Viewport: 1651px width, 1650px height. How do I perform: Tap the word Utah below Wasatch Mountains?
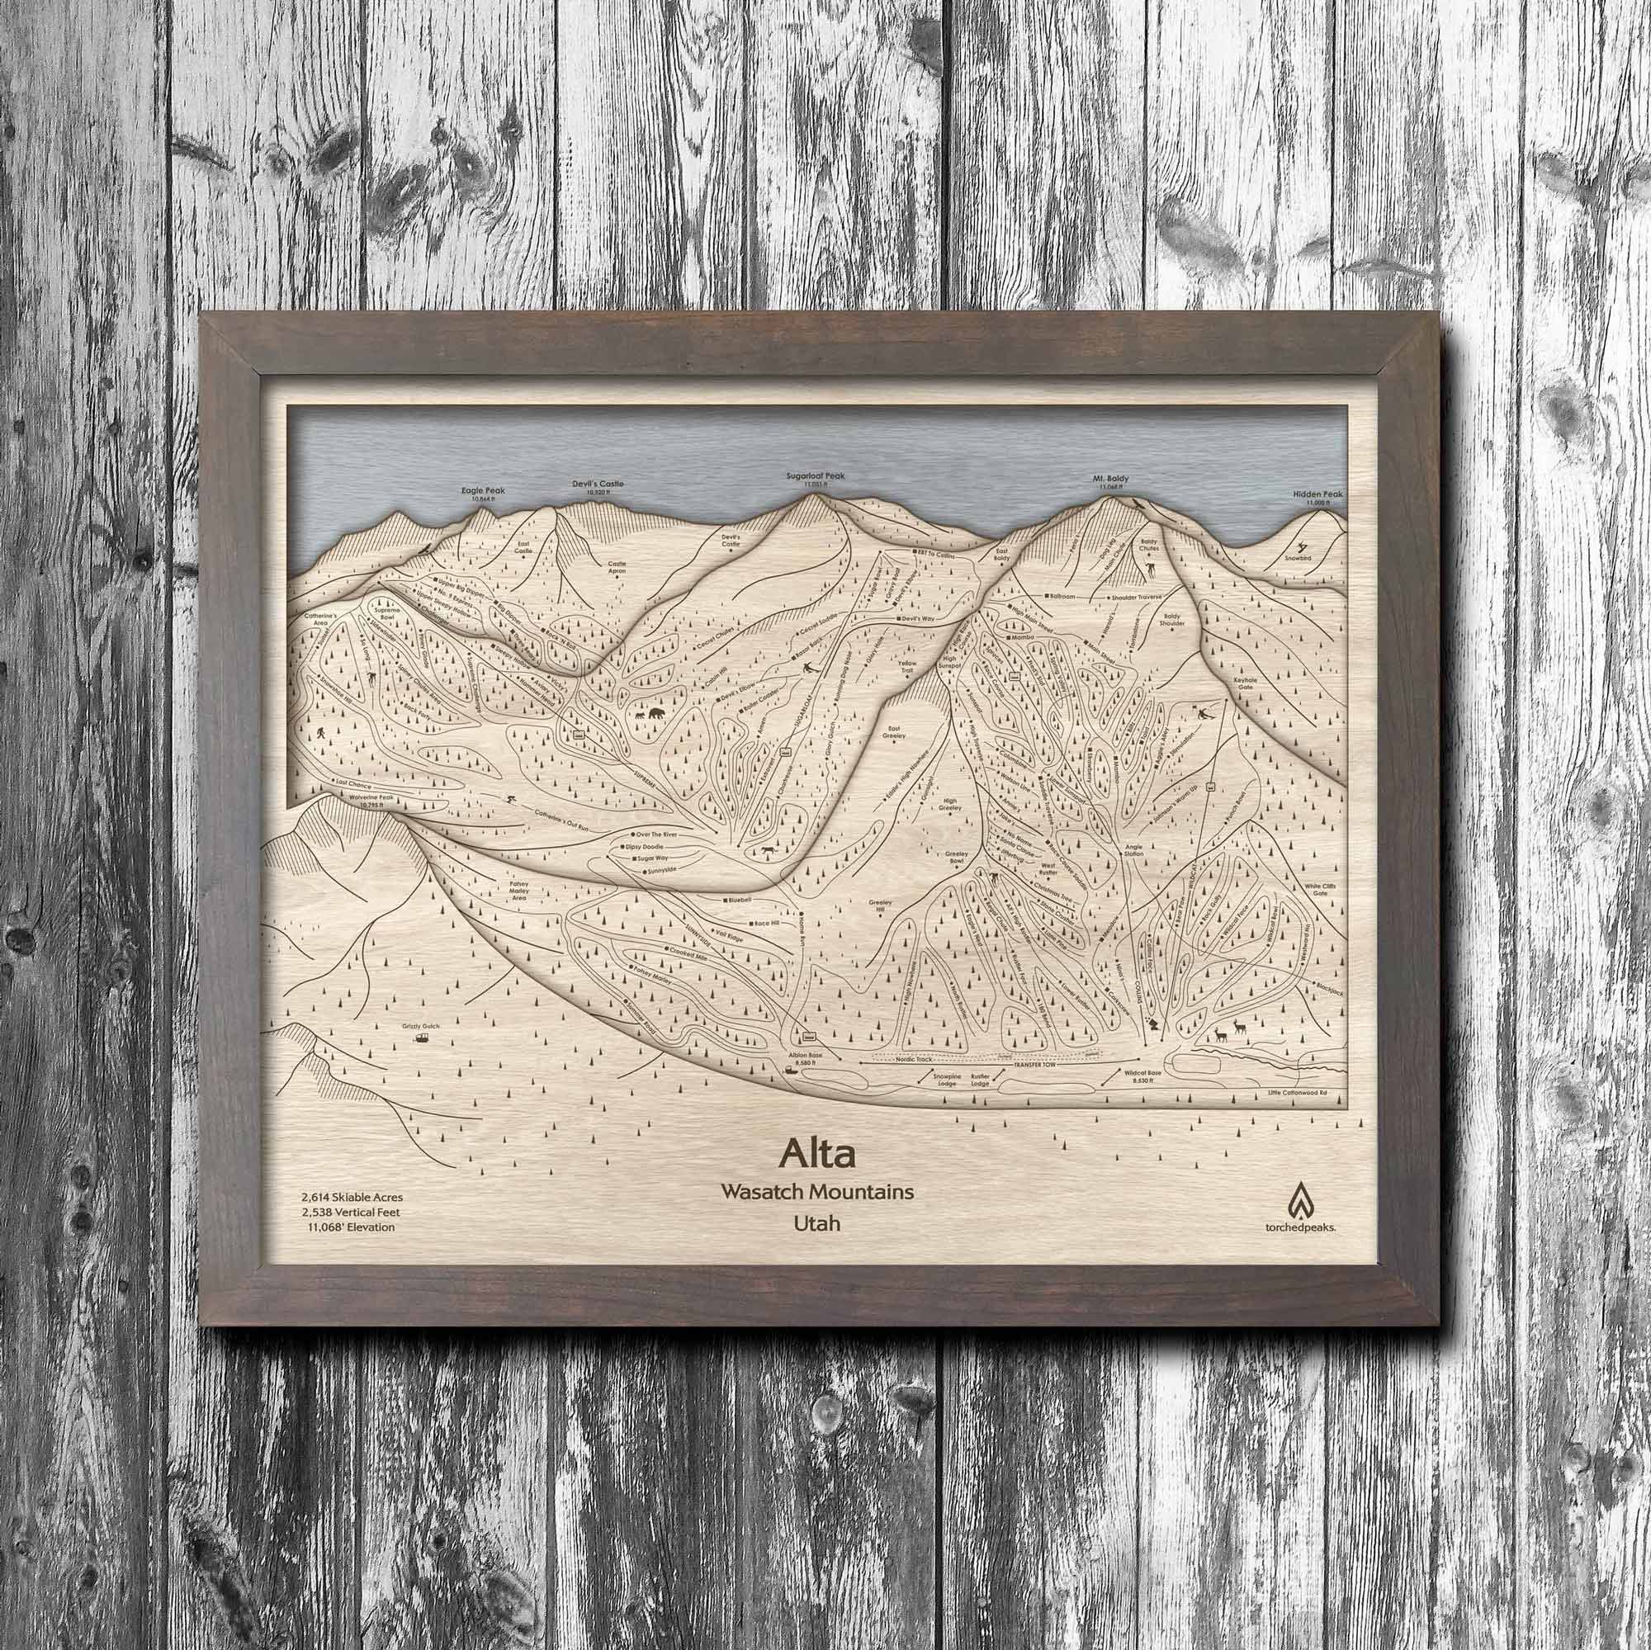pyautogui.click(x=816, y=1223)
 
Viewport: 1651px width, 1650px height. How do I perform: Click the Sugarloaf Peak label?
pyautogui.click(x=816, y=476)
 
